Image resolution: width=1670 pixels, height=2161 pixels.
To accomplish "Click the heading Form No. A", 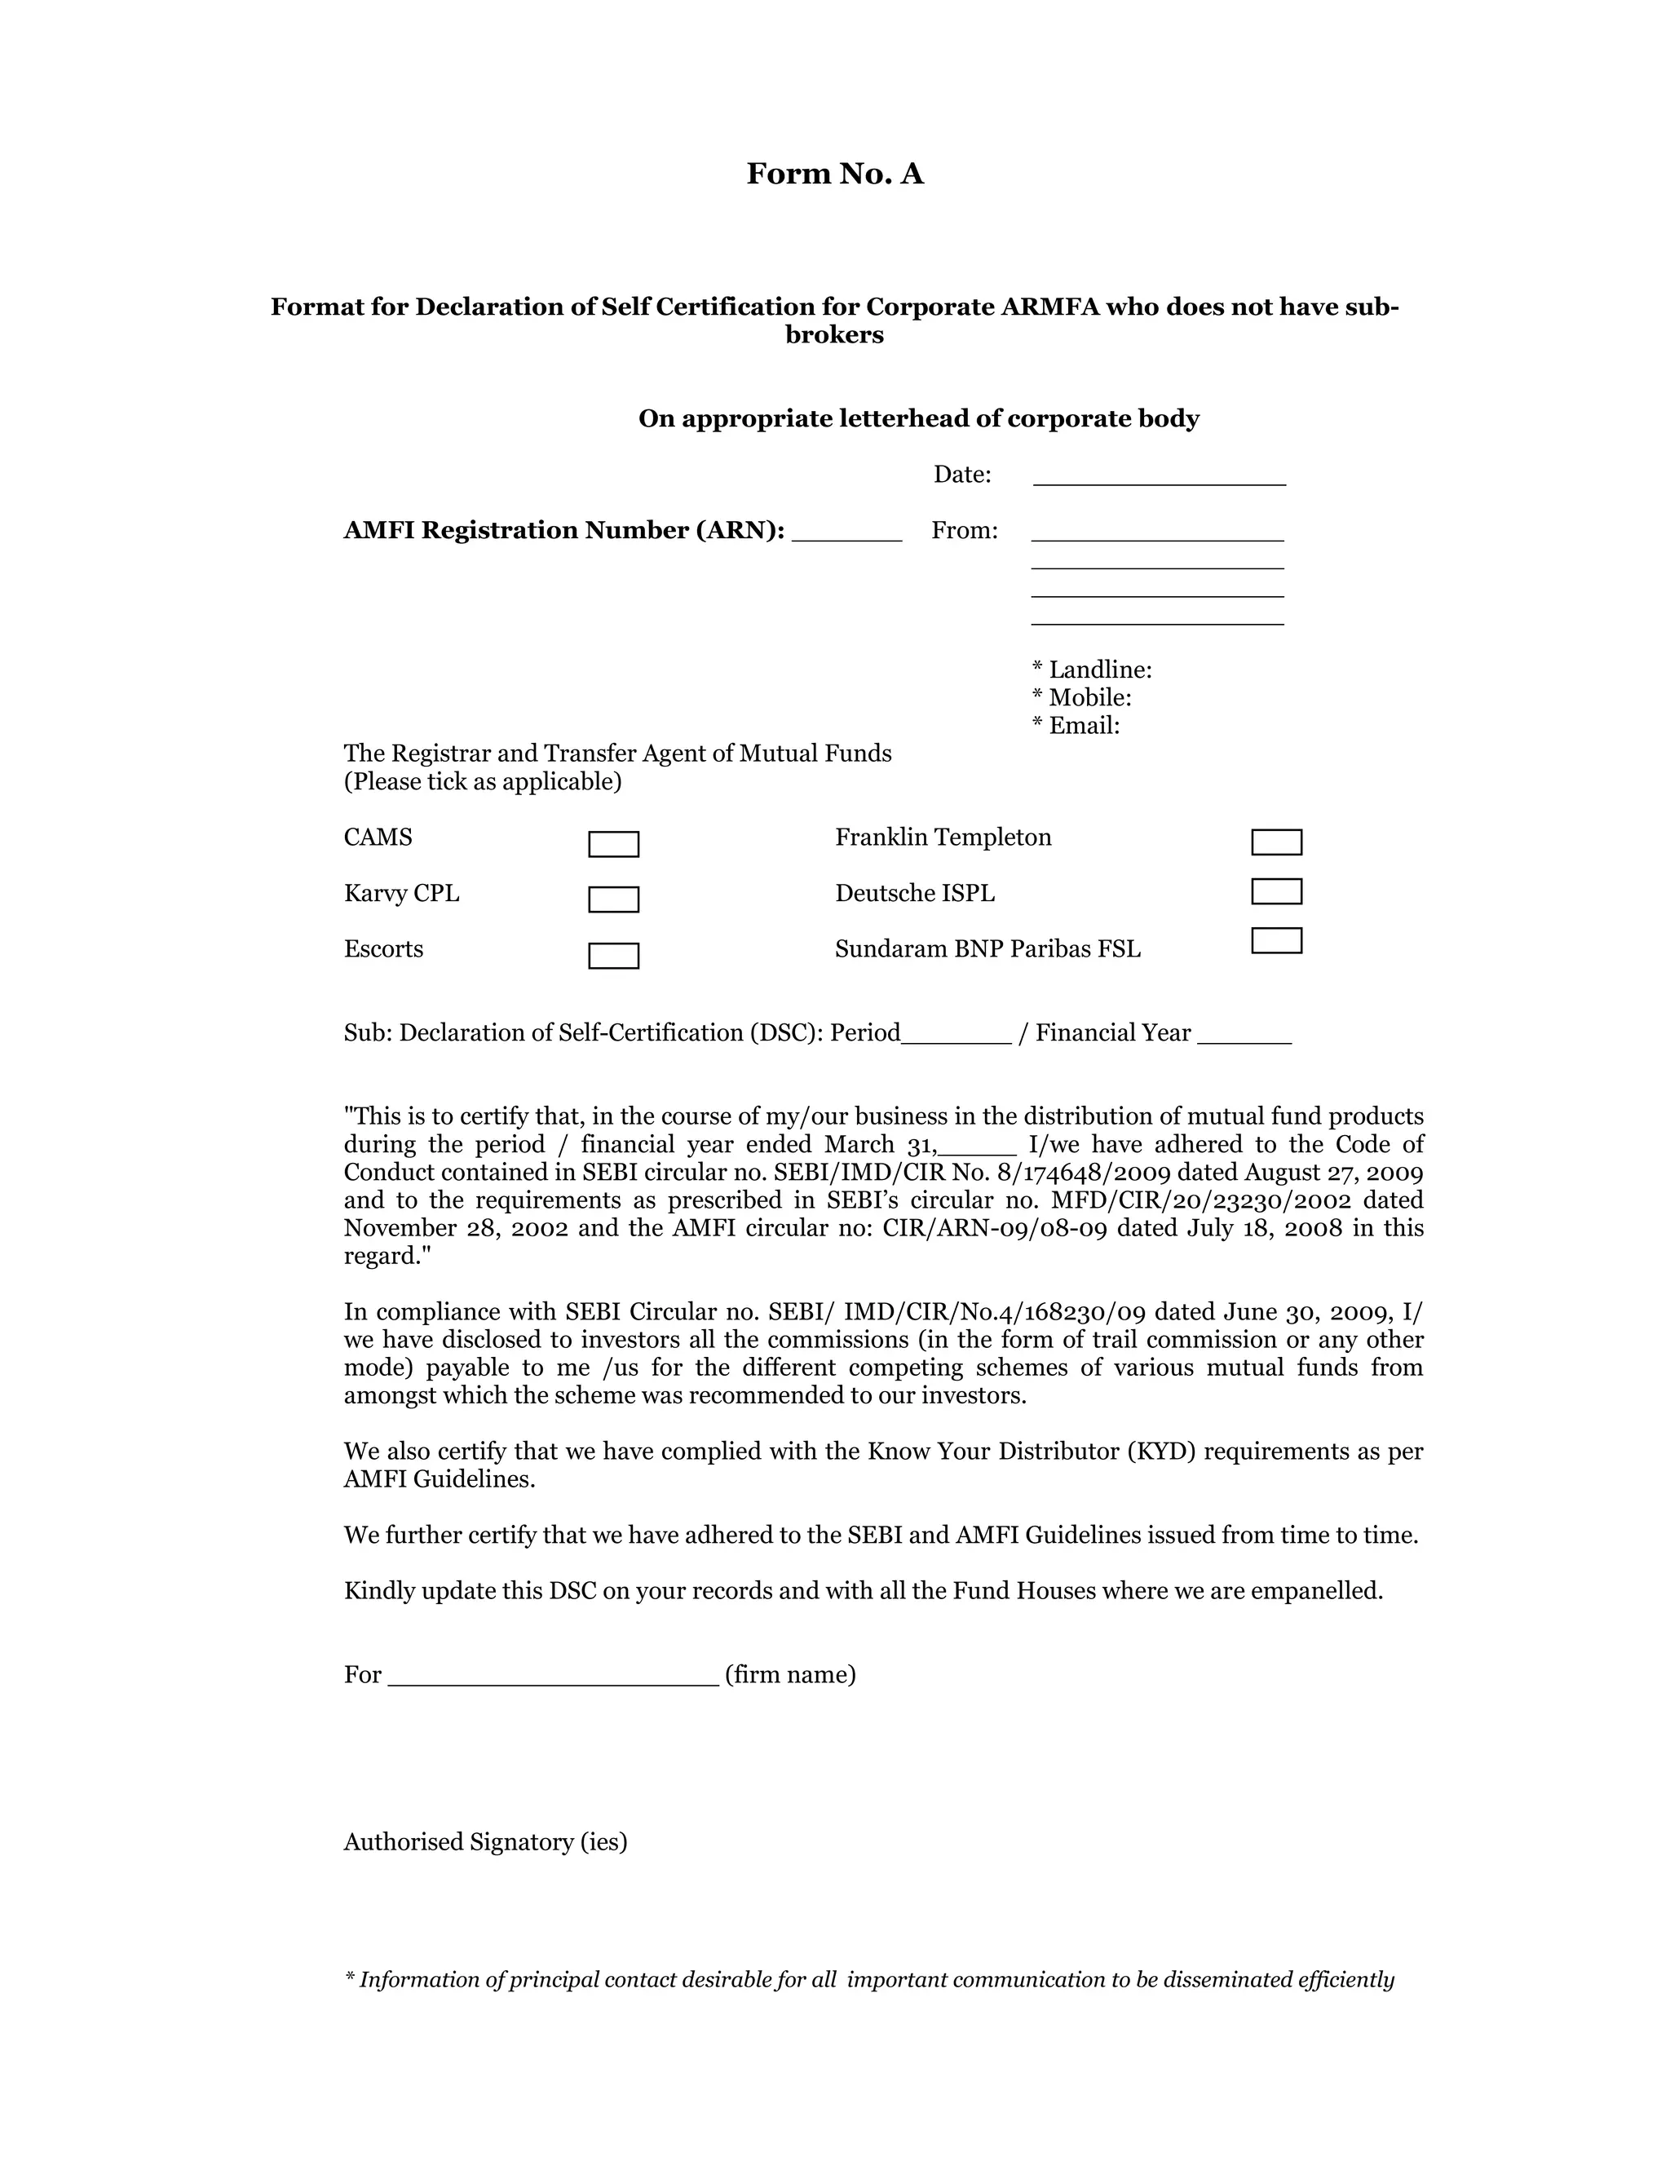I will (x=834, y=175).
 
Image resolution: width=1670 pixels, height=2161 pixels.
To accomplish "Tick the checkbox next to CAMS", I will (x=613, y=844).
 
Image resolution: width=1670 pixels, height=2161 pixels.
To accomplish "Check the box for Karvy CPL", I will (x=613, y=899).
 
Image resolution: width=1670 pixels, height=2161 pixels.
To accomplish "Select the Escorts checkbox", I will (x=613, y=956).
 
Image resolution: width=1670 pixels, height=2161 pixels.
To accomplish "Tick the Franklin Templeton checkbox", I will (x=1276, y=842).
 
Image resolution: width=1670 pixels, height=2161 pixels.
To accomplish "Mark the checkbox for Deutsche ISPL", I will (x=1276, y=891).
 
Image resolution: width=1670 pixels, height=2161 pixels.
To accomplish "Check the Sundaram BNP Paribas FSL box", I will (x=1276, y=940).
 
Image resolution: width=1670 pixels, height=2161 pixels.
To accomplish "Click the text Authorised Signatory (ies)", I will (x=485, y=1841).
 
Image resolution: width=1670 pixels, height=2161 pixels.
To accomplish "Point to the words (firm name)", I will (x=789, y=1674).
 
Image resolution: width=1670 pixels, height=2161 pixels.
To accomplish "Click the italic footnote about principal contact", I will (x=868, y=1980).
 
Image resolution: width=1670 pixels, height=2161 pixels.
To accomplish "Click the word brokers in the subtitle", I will (x=834, y=334).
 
